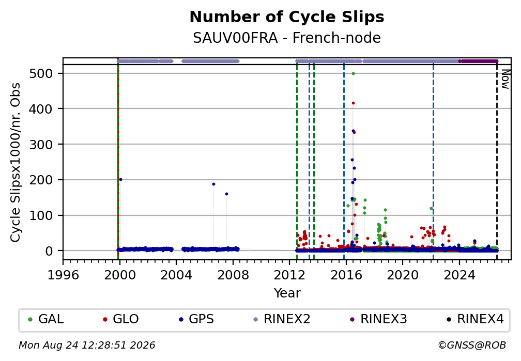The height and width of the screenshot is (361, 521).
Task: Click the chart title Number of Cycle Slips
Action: coord(287,17)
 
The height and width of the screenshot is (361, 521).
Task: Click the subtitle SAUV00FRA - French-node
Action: coord(287,38)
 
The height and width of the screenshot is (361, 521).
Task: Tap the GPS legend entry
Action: coord(196,319)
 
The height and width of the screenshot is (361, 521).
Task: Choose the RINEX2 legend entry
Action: coord(282,319)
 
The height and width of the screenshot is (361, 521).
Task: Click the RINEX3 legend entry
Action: coord(378,319)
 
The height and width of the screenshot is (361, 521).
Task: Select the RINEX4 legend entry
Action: coord(475,319)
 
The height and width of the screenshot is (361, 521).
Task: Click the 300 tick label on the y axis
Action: coord(41,145)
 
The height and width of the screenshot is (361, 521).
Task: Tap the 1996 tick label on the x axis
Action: coord(63,275)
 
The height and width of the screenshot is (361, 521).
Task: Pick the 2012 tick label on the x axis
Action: coord(289,275)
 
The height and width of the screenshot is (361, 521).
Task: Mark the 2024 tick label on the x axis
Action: coord(459,275)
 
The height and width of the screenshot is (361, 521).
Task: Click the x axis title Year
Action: coord(287,293)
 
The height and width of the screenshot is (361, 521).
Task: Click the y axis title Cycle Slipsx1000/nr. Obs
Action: coord(16,162)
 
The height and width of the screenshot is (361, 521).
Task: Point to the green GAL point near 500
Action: coord(353,74)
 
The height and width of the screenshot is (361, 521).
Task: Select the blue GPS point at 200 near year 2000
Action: coord(120,179)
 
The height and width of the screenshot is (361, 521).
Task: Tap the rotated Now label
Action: coord(505,79)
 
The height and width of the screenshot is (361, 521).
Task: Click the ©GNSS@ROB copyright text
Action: coord(472,346)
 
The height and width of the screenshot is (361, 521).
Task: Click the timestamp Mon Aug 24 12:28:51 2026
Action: coord(87,346)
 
